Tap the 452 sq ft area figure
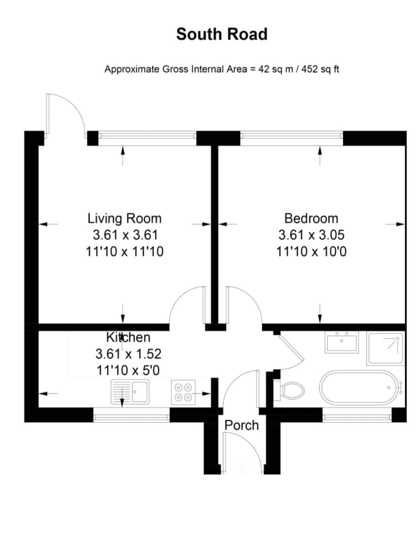click(x=320, y=69)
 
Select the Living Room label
click(x=124, y=218)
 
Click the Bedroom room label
click(x=311, y=218)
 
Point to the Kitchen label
click(x=128, y=337)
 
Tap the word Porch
click(x=241, y=426)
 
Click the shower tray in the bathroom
click(x=385, y=348)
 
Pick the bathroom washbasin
click(x=342, y=342)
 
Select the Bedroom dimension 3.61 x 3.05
click(x=311, y=235)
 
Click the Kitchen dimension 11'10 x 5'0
click(x=128, y=370)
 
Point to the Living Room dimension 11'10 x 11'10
click(x=124, y=251)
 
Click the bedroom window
click(x=292, y=136)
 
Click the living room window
click(x=147, y=136)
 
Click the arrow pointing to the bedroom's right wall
click(x=395, y=224)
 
